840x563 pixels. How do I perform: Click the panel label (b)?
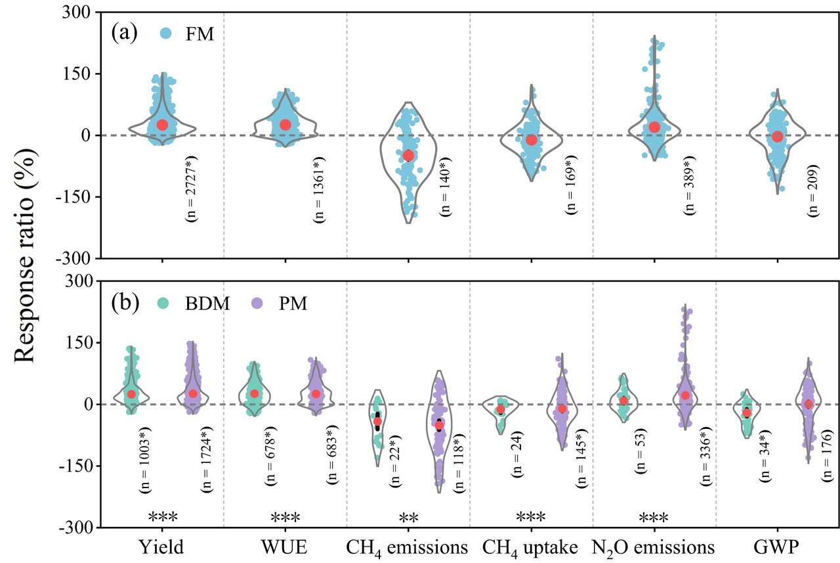tap(123, 303)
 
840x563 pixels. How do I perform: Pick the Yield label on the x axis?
tap(161, 547)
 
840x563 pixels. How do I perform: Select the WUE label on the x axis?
tap(285, 547)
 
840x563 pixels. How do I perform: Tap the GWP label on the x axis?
tap(777, 547)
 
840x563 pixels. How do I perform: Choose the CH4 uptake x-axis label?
tap(530, 547)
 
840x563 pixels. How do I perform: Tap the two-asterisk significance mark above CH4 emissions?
tap(408, 517)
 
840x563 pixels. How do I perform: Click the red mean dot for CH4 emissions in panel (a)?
tap(408, 156)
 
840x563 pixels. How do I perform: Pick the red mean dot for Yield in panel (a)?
tap(162, 125)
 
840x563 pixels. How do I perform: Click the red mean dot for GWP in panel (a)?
tap(778, 137)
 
